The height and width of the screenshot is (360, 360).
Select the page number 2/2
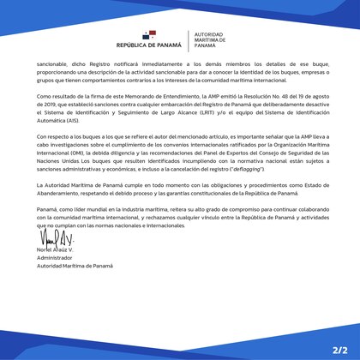click(x=339, y=351)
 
